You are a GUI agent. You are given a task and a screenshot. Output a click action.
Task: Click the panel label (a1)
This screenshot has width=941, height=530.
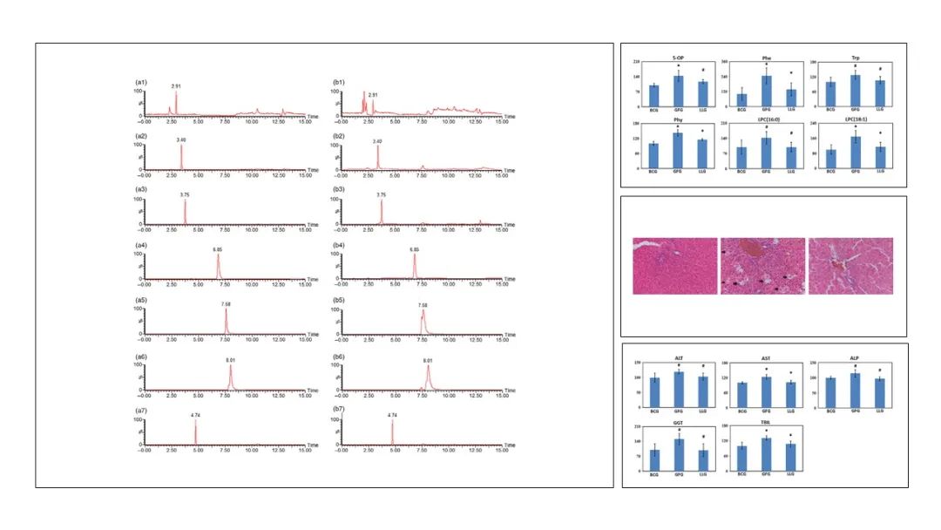(140, 81)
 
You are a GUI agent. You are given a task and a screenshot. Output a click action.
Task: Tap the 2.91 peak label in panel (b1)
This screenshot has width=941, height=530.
(373, 94)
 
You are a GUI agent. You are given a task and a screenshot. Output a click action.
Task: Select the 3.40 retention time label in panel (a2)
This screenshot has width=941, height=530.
(181, 139)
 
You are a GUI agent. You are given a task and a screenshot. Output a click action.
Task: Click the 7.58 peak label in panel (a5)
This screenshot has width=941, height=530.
(226, 305)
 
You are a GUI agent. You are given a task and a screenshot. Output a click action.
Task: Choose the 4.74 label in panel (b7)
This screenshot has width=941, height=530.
(393, 416)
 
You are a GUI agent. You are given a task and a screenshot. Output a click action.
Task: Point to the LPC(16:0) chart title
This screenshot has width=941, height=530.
(766, 116)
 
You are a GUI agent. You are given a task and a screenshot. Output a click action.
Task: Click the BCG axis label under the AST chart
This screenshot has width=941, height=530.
(741, 412)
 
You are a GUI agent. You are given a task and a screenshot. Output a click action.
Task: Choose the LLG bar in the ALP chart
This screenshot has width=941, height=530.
(879, 393)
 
